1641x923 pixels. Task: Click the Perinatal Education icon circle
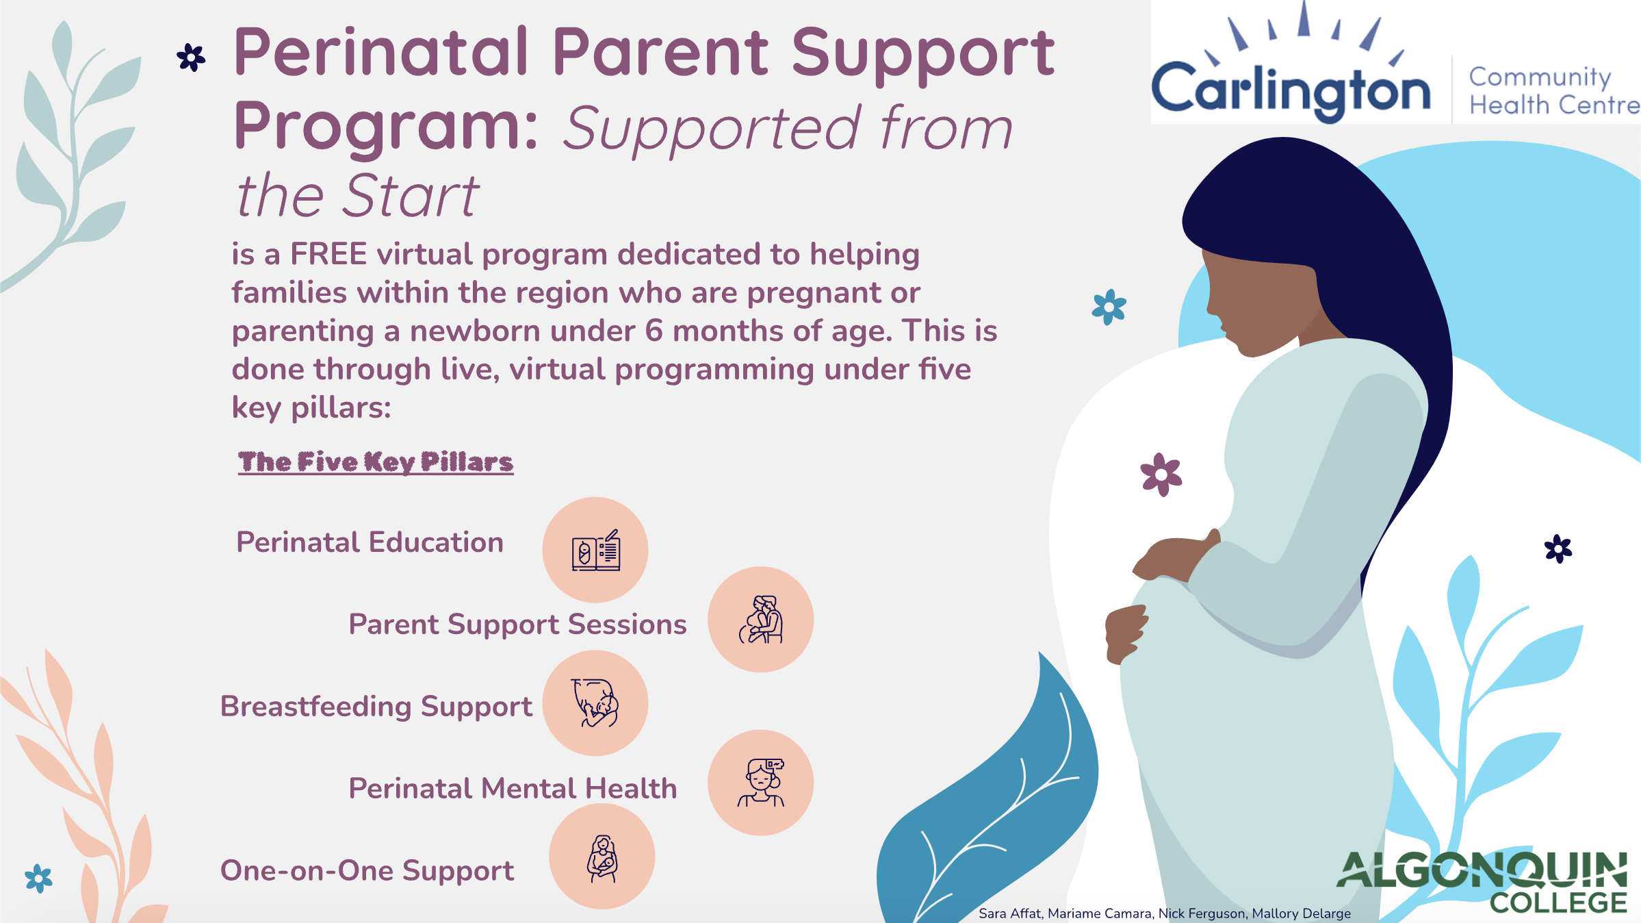click(595, 550)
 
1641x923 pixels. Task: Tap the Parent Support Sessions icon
click(760, 619)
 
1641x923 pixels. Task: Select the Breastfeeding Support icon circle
click(595, 703)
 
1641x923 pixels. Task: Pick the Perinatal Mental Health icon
click(760, 783)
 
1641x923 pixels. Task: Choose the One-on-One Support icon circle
click(602, 857)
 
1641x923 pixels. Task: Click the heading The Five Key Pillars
click(376, 462)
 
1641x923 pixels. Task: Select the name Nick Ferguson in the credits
click(1202, 913)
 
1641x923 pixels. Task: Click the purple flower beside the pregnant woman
click(1161, 474)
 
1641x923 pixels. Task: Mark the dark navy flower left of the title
click(191, 58)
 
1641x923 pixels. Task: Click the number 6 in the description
click(654, 331)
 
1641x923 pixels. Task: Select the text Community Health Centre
click(1552, 91)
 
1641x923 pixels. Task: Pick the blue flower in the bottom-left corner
click(38, 878)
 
